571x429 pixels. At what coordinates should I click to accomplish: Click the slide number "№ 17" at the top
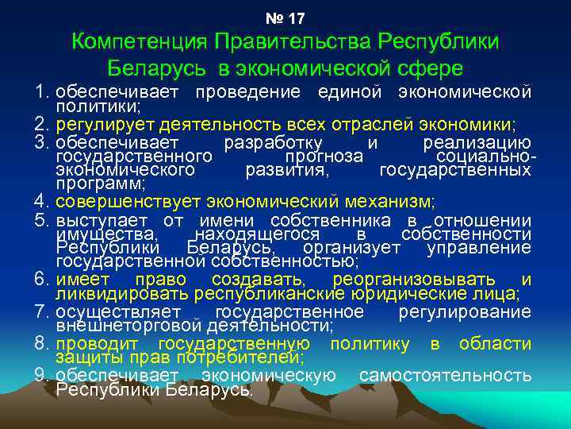285,17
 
